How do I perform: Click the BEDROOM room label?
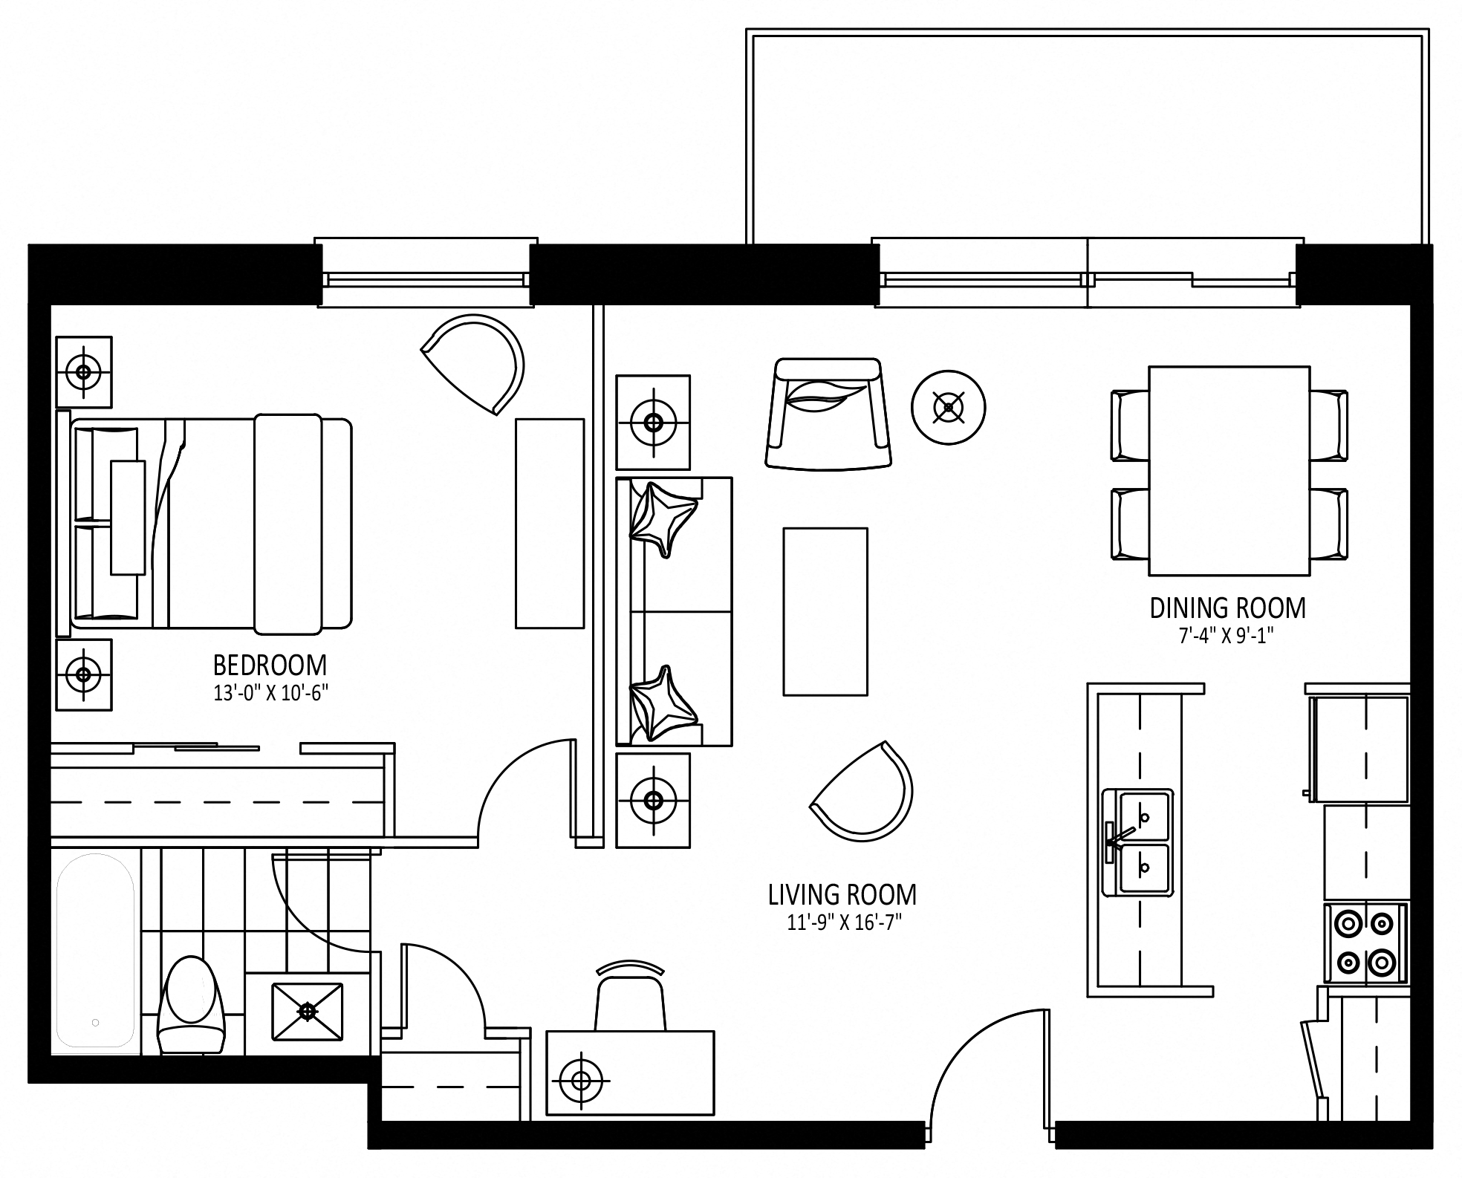coord(270,665)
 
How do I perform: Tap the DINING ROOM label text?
coord(1227,608)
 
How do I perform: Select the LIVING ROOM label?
coord(842,895)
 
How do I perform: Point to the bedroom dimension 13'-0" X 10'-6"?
coord(270,694)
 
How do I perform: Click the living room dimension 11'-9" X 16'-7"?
coord(844,923)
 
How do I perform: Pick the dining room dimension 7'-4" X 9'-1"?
coord(1227,637)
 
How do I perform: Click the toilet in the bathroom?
coord(192,1004)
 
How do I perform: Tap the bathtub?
coord(94,951)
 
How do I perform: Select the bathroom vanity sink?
coord(308,1011)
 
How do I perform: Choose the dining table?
coord(1229,471)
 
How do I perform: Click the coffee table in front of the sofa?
coord(825,611)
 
